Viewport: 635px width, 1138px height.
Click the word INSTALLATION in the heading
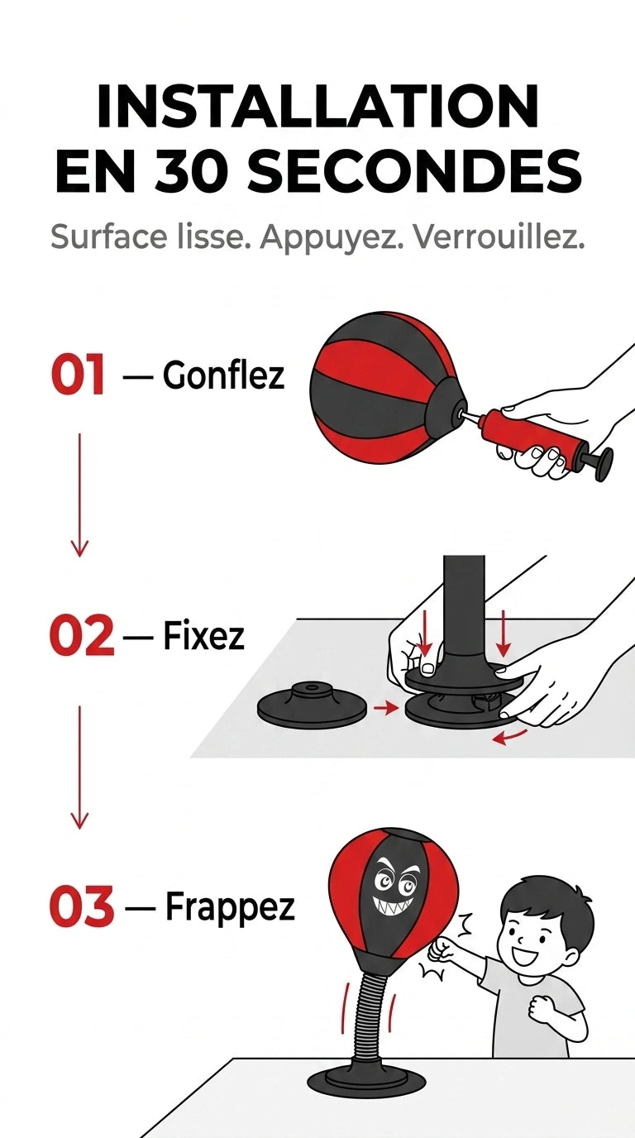[x=317, y=106]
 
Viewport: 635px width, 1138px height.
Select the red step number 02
[x=81, y=635]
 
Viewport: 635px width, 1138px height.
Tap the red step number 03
[x=81, y=906]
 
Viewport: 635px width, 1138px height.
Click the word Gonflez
[x=223, y=376]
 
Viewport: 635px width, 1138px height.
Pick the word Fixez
[x=203, y=635]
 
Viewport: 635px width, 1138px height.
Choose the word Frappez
[x=230, y=908]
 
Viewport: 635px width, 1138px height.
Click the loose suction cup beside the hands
[x=312, y=702]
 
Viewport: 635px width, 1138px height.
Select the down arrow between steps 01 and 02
[x=79, y=495]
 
